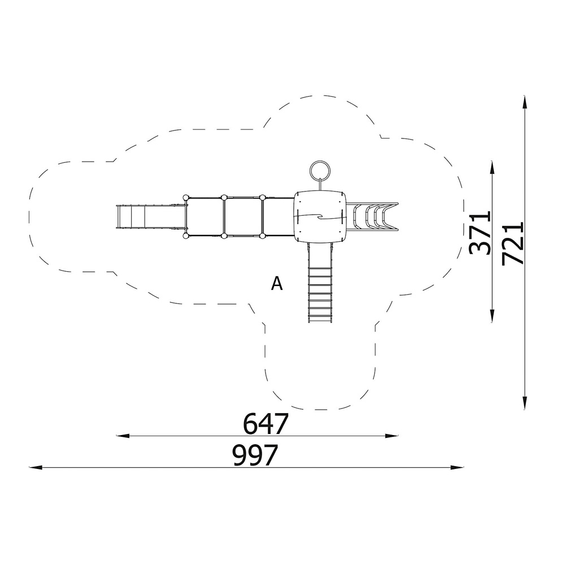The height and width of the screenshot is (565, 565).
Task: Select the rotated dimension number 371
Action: pos(480,233)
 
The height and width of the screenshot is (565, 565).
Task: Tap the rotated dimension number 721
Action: pos(512,244)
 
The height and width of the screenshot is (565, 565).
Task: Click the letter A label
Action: pos(277,284)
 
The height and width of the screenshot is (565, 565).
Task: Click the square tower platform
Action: pos(320,216)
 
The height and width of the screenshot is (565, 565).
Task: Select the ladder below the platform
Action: pos(320,282)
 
